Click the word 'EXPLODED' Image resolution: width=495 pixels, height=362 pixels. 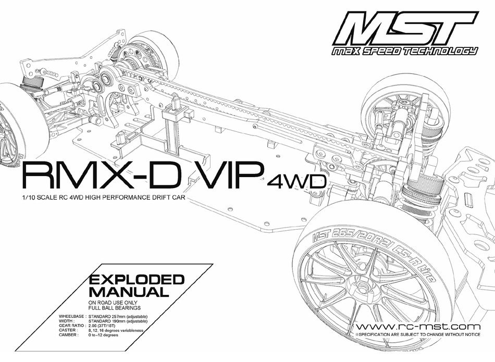tap(137, 279)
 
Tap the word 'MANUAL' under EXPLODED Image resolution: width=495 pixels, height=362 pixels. tap(129, 292)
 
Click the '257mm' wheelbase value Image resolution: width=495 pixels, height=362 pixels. tap(119, 317)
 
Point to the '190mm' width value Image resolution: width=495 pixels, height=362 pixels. tap(119, 321)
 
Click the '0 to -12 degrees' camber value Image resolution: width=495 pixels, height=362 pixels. tap(104, 335)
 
